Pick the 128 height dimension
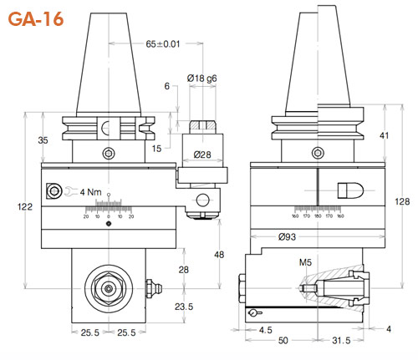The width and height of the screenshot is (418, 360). [x=404, y=201]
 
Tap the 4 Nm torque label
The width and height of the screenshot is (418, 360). [x=90, y=192]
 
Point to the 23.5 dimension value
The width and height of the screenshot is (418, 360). [x=185, y=306]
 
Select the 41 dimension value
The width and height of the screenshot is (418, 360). [x=383, y=134]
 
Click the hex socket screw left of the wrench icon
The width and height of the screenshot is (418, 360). [x=55, y=191]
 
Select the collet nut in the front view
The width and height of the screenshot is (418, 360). [x=109, y=286]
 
